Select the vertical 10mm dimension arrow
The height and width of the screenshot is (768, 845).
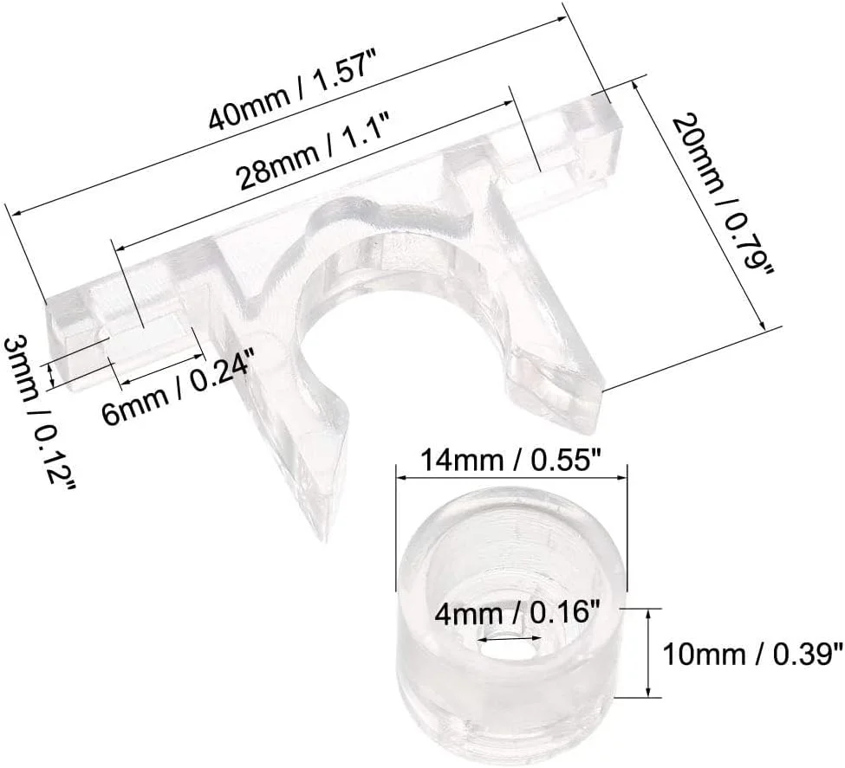(x=648, y=652)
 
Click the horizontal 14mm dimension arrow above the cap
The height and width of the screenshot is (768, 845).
(x=510, y=474)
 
